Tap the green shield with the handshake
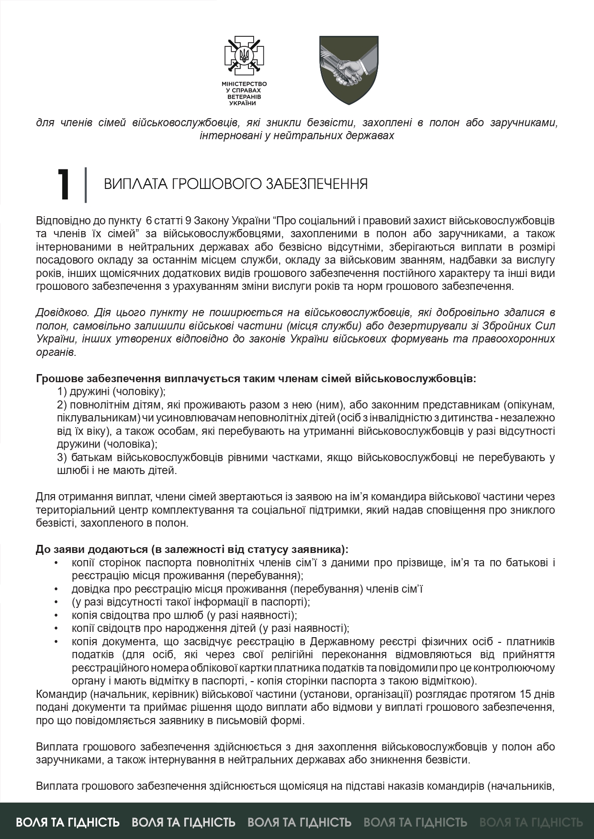[349, 70]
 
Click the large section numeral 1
[64, 185]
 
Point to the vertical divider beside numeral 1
[86, 185]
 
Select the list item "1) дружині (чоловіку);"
[111, 392]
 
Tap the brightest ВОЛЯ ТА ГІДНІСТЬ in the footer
[67, 822]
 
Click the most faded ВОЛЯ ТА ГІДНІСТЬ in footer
[531, 822]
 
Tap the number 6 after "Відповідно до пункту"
[148, 221]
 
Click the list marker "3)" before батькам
[63, 457]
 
